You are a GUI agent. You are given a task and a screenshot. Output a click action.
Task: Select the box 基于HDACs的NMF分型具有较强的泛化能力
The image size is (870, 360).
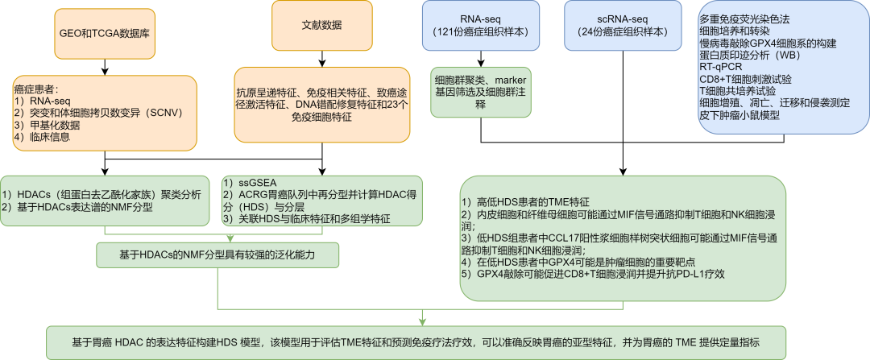tap(217, 255)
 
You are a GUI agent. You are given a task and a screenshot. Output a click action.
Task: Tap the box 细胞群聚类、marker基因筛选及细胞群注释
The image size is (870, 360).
tap(481, 93)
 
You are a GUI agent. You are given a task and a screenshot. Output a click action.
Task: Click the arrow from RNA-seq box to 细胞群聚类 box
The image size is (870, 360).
tap(481, 59)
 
